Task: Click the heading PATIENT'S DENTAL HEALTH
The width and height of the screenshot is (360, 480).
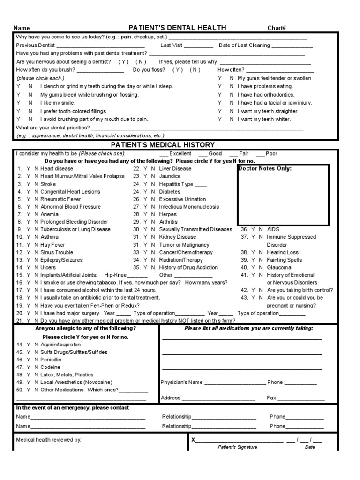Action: [x=177, y=28]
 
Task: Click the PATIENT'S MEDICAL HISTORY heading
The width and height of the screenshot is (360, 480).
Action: [x=163, y=145]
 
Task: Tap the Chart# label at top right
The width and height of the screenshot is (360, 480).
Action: [x=277, y=28]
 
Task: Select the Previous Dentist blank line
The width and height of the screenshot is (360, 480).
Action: [x=100, y=46]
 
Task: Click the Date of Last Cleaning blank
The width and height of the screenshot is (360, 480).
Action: [x=292, y=46]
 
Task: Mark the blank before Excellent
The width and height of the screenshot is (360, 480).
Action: [x=164, y=154]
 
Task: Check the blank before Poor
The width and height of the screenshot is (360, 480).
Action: [x=260, y=154]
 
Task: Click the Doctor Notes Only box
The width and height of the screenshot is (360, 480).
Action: [x=283, y=195]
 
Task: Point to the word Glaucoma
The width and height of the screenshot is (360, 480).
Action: [x=279, y=267]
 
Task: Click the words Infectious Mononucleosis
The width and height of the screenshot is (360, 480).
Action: [x=189, y=207]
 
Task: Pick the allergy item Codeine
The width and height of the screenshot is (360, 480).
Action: [x=50, y=367]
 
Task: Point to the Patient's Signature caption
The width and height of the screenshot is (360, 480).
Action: [x=237, y=447]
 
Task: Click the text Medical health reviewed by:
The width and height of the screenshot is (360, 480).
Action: [x=49, y=440]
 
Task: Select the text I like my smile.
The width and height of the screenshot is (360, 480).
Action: [x=58, y=103]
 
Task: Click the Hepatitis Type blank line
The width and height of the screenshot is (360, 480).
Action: [x=201, y=184]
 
